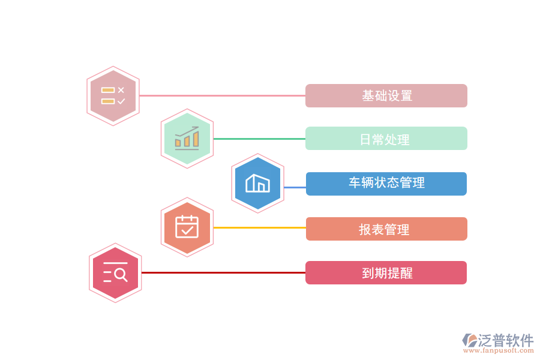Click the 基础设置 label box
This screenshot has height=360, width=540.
(x=386, y=96)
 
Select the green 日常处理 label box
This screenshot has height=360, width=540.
(x=386, y=139)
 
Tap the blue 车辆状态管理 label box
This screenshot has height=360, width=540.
(x=386, y=184)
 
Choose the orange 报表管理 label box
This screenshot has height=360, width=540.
(x=386, y=229)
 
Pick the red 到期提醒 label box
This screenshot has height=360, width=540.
(x=386, y=273)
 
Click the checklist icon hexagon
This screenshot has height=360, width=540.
(x=113, y=96)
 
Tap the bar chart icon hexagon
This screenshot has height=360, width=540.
(x=187, y=139)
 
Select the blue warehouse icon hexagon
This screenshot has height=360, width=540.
(x=258, y=184)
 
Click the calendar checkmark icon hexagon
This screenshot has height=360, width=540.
(x=187, y=227)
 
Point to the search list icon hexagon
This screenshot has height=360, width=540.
(x=115, y=273)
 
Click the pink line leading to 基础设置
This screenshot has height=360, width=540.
(x=222, y=96)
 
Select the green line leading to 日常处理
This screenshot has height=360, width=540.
(x=259, y=139)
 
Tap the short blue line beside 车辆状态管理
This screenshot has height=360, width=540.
(x=295, y=187)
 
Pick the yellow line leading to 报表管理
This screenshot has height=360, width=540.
(x=259, y=228)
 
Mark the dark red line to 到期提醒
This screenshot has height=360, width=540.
(x=222, y=273)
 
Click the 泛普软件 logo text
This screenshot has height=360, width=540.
(x=506, y=340)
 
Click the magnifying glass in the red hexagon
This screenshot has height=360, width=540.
(x=121, y=275)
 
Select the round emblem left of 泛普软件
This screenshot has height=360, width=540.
(x=470, y=341)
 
